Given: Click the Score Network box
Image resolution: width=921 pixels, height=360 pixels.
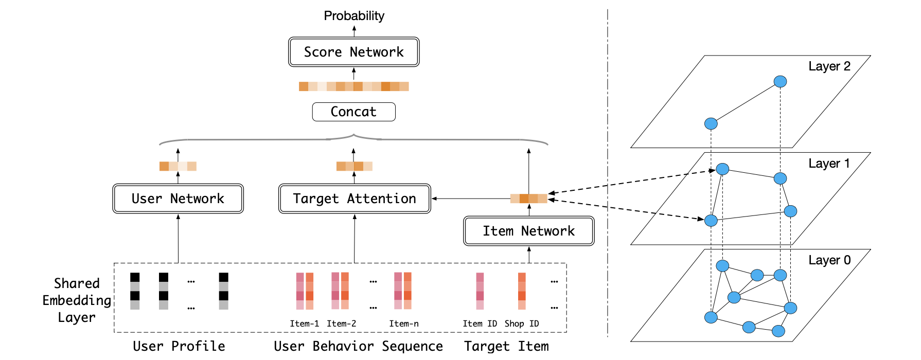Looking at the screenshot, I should tap(354, 52).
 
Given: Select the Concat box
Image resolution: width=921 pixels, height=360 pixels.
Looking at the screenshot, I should tap(354, 112).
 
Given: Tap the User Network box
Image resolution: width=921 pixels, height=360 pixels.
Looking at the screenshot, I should tap(178, 199).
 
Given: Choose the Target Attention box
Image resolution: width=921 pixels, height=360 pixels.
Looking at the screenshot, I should tap(355, 199).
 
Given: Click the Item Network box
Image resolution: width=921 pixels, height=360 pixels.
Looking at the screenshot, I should tap(529, 231).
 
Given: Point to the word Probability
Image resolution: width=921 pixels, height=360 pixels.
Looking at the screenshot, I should tap(354, 16).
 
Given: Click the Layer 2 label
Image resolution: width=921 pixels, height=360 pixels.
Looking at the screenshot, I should tap(829, 66).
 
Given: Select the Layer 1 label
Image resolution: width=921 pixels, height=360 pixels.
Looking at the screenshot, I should tap(829, 164).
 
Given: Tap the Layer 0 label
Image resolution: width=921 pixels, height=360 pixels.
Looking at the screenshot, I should tap(829, 260).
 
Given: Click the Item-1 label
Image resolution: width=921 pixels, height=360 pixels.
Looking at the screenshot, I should tap(304, 323).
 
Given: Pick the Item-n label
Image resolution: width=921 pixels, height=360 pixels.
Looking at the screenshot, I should tap(404, 323).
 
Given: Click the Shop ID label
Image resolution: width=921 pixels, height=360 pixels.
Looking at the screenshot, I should tap(522, 323).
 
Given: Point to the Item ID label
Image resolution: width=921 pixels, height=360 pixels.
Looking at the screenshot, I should tap(480, 323).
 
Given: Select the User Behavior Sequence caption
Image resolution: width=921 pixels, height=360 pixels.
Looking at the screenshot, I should tap(358, 346).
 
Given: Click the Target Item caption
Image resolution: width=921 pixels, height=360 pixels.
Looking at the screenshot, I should tap(506, 346).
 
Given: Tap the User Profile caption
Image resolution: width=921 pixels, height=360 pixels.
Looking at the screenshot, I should tap(179, 346).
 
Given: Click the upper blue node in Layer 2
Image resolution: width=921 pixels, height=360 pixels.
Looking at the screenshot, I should tap(780, 81).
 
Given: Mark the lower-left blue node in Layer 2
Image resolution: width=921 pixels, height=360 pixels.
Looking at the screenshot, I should tap(711, 123).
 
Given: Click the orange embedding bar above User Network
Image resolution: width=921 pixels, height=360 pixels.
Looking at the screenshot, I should tap(178, 166).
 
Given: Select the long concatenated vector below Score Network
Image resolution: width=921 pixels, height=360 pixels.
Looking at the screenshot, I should tap(354, 86).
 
